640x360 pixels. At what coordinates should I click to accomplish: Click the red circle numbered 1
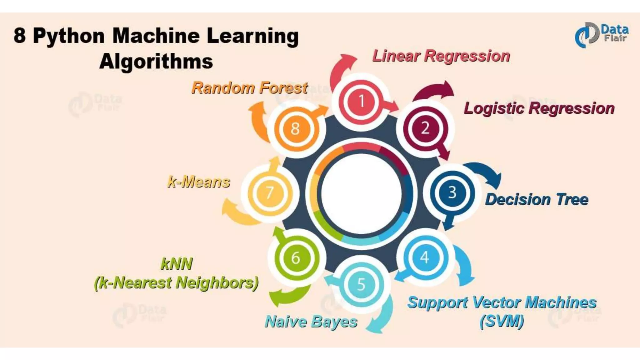[362, 102]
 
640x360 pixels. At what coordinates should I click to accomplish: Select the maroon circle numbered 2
[425, 128]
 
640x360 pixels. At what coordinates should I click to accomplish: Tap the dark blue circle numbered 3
[452, 192]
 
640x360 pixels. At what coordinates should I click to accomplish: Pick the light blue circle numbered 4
[425, 258]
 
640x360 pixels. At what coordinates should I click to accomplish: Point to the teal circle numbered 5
[361, 284]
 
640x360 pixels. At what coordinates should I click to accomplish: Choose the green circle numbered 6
[296, 258]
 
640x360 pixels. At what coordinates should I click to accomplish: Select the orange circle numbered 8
[295, 128]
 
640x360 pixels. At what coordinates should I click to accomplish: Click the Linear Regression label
[441, 56]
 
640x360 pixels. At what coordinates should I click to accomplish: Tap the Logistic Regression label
[539, 108]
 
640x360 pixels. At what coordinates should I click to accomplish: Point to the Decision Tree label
[537, 199]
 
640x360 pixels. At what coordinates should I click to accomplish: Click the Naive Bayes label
[311, 322]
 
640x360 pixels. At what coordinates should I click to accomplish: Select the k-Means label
[199, 182]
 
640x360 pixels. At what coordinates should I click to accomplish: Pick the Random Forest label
[250, 88]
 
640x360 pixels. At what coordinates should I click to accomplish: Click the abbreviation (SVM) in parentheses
[502, 321]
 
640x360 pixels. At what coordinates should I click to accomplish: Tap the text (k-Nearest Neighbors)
[176, 283]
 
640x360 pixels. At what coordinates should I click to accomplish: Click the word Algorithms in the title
[156, 61]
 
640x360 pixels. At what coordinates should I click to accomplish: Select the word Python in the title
[69, 36]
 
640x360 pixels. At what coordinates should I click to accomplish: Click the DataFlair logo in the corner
[601, 35]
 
